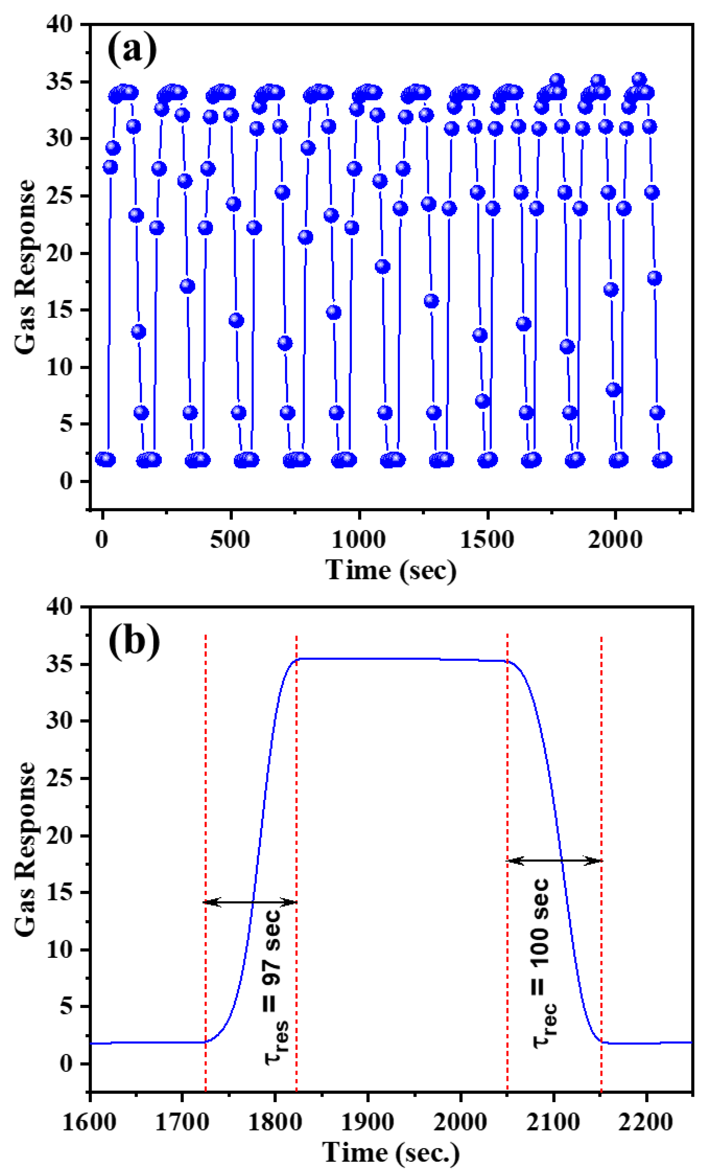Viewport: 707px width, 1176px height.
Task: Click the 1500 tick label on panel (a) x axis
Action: (x=487, y=540)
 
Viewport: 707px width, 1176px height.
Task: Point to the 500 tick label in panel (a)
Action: (x=230, y=540)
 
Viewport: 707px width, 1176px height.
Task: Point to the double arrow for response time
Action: (x=250, y=902)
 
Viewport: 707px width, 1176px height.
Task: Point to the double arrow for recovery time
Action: (x=554, y=861)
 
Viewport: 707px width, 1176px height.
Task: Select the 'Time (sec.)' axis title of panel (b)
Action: (x=391, y=1153)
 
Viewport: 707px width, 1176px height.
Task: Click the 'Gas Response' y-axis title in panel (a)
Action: (x=25, y=267)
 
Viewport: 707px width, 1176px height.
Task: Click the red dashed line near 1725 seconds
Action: (x=205, y=810)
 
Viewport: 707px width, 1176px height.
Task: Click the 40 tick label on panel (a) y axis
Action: (x=60, y=24)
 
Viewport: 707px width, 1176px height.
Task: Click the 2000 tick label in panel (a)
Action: (x=615, y=540)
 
